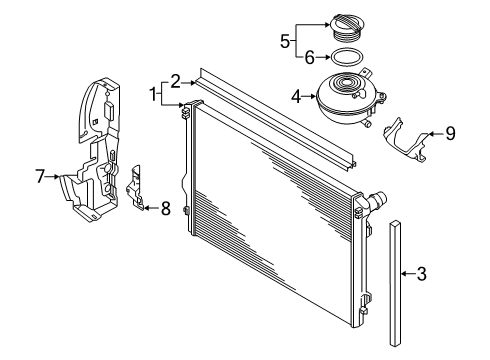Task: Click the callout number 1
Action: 153,94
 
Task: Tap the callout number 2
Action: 176,82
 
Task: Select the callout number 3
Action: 422,274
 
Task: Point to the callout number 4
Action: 296,97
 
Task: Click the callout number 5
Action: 285,41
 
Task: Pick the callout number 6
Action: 310,58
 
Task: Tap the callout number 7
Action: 40,176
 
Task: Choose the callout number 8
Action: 166,209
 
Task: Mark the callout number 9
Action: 450,134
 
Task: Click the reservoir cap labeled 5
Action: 346,28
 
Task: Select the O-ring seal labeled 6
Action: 347,57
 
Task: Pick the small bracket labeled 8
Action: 134,187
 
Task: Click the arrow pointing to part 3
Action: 408,274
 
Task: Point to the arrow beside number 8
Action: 152,208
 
